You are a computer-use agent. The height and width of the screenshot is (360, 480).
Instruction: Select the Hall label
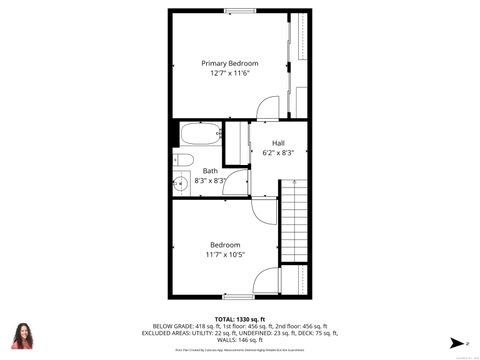coord(278,143)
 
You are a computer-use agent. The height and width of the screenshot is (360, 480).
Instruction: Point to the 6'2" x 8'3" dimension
coord(278,153)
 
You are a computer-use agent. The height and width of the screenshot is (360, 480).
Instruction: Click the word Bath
coord(210,170)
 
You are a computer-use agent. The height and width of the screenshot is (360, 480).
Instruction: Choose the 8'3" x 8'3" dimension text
coord(210,180)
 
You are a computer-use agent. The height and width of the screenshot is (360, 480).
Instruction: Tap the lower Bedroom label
coord(224,244)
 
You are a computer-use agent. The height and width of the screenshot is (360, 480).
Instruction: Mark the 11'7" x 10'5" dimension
coord(224,254)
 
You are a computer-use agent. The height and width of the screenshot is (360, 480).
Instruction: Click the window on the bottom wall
coord(237,297)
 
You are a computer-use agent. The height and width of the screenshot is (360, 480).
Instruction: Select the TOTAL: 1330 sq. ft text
coord(240,318)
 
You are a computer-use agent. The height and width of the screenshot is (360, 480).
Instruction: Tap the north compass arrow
coord(454,342)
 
